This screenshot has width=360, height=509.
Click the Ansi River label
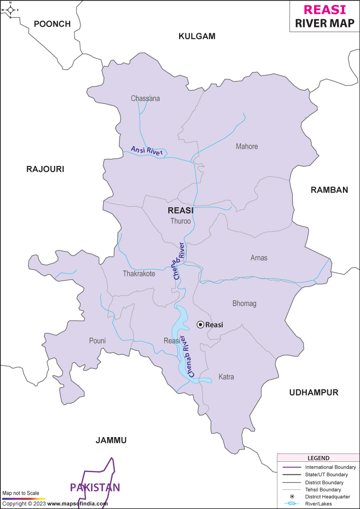pyautogui.click(x=147, y=151)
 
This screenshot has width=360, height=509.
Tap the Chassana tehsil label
pyautogui.click(x=145, y=98)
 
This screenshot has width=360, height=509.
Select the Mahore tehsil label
pyautogui.click(x=247, y=146)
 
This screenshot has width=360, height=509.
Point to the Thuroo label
pyautogui.click(x=180, y=221)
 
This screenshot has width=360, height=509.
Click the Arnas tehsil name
pyautogui.click(x=259, y=258)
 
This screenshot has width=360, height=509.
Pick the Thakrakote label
pyautogui.click(x=139, y=273)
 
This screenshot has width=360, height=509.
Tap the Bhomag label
pyautogui.click(x=244, y=304)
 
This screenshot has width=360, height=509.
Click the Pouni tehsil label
pyautogui.click(x=97, y=341)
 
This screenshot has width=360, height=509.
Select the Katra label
pyautogui.click(x=226, y=377)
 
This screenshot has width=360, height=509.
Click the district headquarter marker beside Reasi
pyautogui.click(x=200, y=325)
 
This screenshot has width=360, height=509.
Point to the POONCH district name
pyautogui.click(x=53, y=24)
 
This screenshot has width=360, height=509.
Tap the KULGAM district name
pyautogui.click(x=197, y=36)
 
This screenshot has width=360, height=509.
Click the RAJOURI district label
pyautogui.click(x=45, y=169)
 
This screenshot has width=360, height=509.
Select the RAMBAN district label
pyautogui.click(x=329, y=190)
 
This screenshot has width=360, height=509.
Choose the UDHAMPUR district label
pyautogui.click(x=314, y=393)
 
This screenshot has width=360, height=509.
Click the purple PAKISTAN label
pyautogui.click(x=95, y=487)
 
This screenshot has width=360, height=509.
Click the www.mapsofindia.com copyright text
pyautogui.click(x=77, y=504)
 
